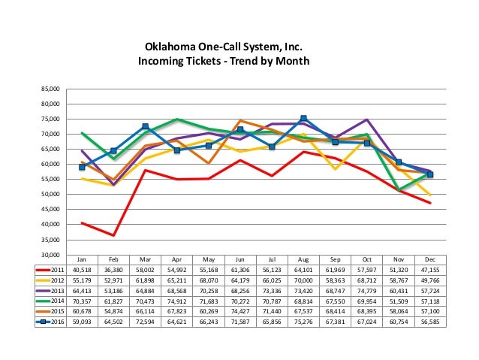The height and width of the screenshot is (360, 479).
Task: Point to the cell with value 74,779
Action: pos(366,289)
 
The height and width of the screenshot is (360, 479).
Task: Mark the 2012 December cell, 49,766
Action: pos(429,278)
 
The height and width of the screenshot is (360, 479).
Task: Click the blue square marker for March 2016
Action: pos(145,126)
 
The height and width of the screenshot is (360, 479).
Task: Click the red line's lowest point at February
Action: pos(113,235)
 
